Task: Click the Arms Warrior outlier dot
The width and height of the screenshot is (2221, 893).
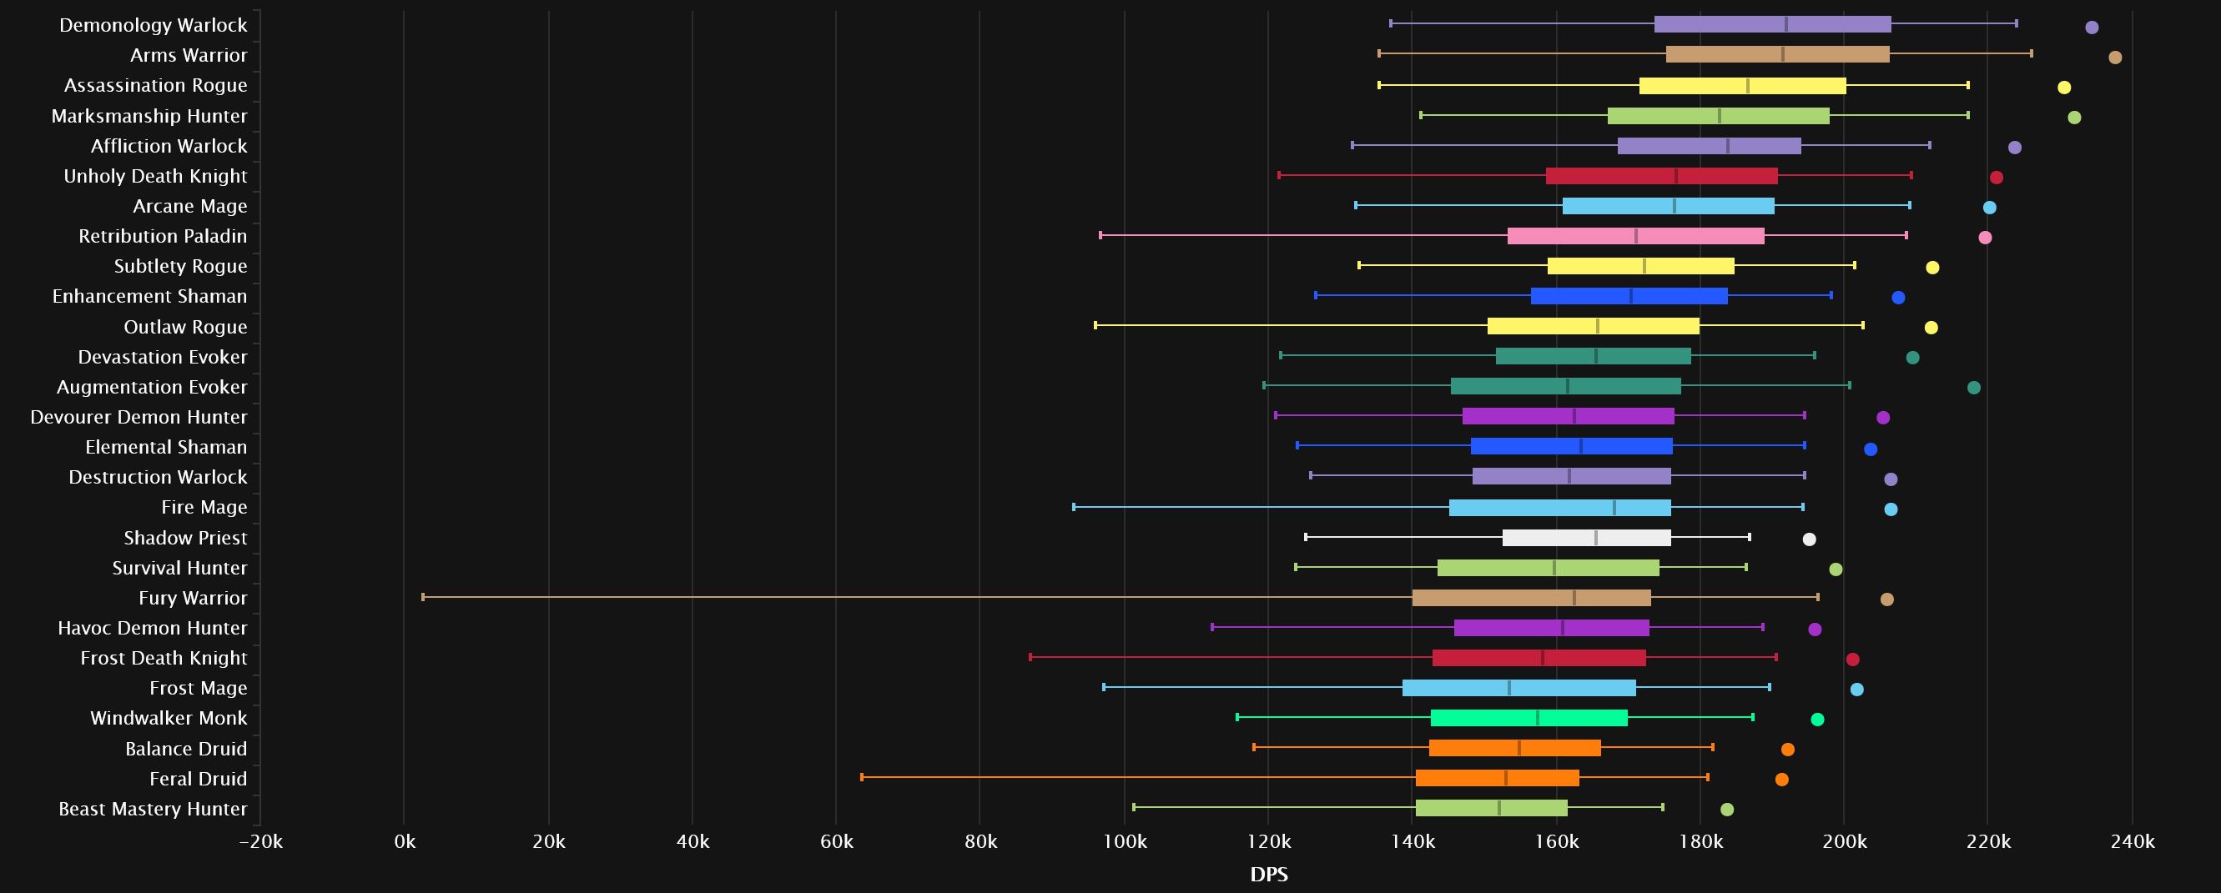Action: click(x=2115, y=58)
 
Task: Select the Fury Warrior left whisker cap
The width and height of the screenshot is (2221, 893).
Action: click(x=422, y=597)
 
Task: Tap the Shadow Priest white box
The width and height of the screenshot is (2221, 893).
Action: click(x=1586, y=538)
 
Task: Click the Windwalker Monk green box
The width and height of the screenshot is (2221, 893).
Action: click(x=1529, y=718)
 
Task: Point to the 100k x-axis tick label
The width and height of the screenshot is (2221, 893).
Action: click(x=1125, y=842)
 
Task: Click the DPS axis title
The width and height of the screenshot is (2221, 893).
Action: click(x=1268, y=875)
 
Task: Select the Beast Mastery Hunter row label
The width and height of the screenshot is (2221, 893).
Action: click(x=153, y=809)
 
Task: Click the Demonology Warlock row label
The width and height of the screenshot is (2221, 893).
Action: click(x=153, y=25)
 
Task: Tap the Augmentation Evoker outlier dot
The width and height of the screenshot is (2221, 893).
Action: click(x=1973, y=388)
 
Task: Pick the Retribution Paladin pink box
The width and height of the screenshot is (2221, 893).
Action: click(x=1635, y=236)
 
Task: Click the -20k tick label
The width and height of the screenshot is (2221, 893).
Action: click(x=260, y=842)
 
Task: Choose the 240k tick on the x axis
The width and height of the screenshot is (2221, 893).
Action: click(x=2132, y=842)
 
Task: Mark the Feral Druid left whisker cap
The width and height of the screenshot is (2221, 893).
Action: click(x=861, y=777)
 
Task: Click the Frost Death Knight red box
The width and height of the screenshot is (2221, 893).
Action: click(x=1539, y=659)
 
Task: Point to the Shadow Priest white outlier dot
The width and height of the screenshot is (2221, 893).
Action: click(x=1809, y=539)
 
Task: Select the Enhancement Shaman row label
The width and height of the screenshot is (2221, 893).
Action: click(x=149, y=297)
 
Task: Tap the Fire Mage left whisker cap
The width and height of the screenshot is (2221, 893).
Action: click(x=1074, y=507)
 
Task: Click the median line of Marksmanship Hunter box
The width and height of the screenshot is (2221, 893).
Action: click(x=1720, y=116)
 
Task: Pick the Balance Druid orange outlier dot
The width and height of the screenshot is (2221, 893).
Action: click(x=1787, y=750)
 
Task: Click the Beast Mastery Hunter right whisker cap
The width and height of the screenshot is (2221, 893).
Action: click(x=1662, y=808)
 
